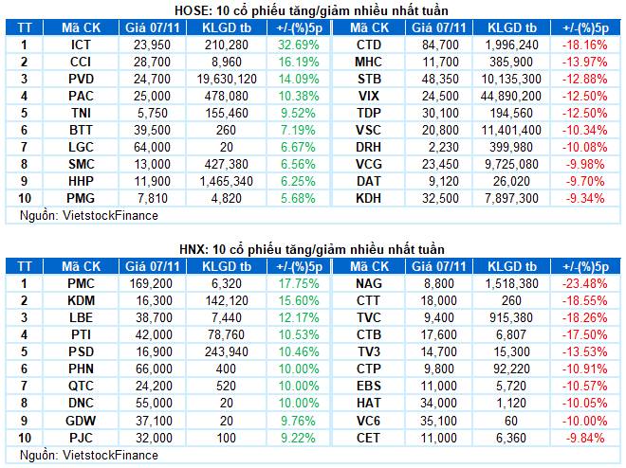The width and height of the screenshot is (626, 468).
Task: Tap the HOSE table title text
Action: click(313, 9)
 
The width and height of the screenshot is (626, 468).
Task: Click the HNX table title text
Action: click(313, 248)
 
